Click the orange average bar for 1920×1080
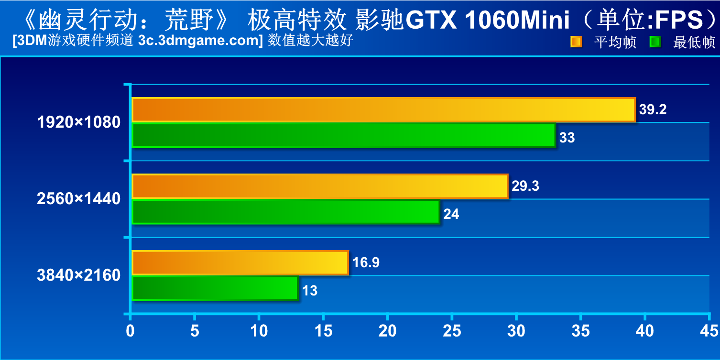383,110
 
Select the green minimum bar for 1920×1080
343,136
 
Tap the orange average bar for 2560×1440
319,186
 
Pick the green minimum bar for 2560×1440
285,212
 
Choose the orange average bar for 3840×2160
240,262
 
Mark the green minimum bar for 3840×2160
215,288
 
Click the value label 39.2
653,109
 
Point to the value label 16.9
366,262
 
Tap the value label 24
451,214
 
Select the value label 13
310,291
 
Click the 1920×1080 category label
79,122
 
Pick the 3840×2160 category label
79,275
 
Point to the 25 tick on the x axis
452,331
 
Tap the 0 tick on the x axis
130,331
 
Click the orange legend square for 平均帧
576,42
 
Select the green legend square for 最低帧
655,42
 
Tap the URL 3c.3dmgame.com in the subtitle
198,41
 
